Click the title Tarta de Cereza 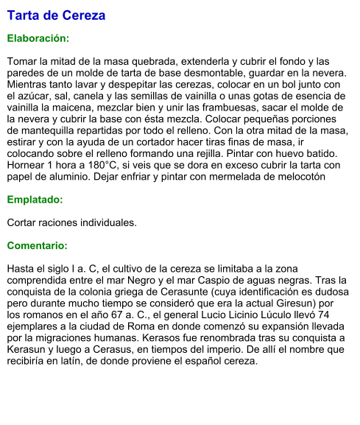56,15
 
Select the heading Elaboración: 38,38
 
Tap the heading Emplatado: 35,200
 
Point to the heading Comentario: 38,245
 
